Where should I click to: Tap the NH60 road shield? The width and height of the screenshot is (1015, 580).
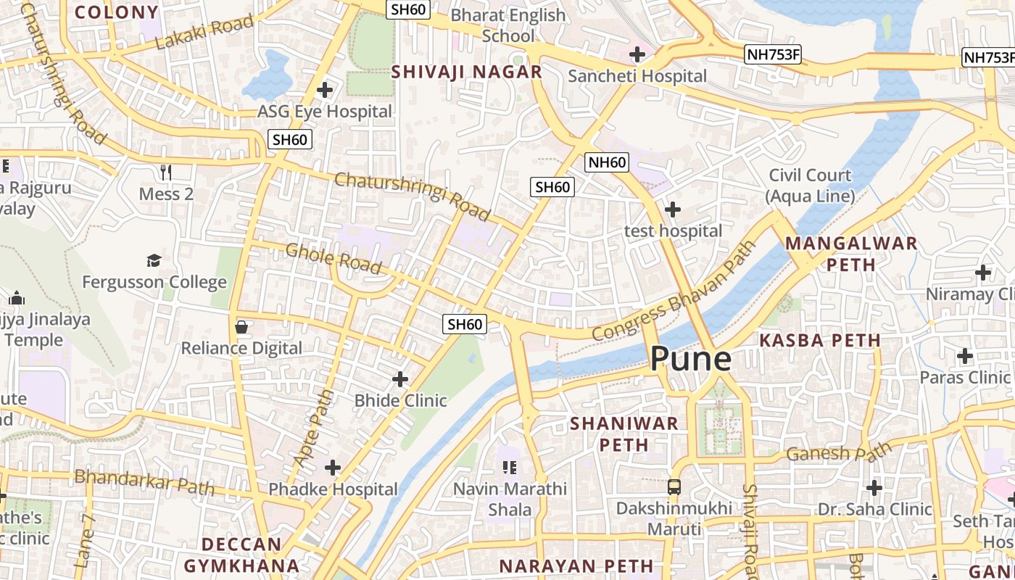[x=607, y=162]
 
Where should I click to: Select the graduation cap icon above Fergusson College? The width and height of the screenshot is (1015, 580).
[x=154, y=260]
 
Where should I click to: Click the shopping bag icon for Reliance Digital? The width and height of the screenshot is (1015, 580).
[x=241, y=327]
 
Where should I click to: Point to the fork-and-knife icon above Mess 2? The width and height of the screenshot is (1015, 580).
[x=166, y=172]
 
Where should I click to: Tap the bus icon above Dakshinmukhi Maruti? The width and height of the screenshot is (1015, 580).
[x=674, y=487]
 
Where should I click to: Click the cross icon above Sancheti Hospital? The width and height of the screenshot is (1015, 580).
[x=637, y=54]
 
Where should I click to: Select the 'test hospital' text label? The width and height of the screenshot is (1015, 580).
[x=673, y=231]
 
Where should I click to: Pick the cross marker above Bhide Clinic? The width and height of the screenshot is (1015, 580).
[x=400, y=379]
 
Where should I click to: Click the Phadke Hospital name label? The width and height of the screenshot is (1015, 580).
[x=333, y=490]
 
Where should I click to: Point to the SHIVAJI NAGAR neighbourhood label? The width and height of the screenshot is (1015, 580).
[x=467, y=72]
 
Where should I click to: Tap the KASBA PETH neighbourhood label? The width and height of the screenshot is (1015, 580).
[x=819, y=340]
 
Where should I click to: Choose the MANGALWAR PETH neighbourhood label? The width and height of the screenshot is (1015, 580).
[x=851, y=254]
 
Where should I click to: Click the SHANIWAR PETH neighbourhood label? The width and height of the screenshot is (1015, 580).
[x=623, y=434]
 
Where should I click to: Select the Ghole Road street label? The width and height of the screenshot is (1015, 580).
[x=333, y=259]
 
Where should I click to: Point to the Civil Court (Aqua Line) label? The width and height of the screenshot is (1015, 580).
[x=810, y=186]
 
